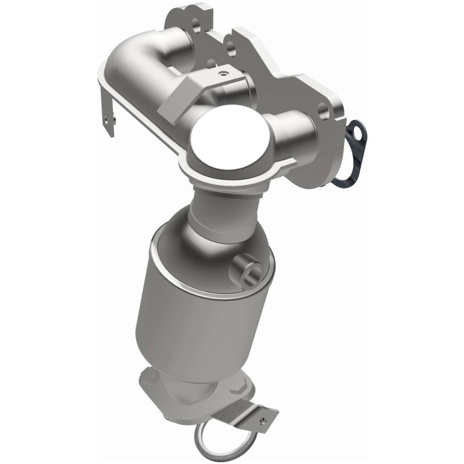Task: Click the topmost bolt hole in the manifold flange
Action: [195, 24]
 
